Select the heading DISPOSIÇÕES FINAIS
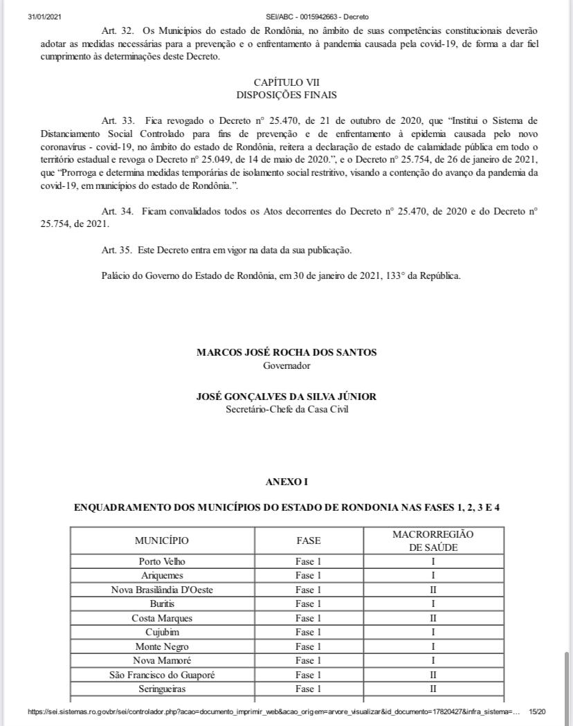286,95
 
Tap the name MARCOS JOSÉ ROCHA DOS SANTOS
286,352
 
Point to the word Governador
286,365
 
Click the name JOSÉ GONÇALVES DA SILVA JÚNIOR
286,397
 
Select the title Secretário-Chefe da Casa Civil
286,409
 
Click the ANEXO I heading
286,481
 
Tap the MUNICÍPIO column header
161,541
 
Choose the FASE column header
308,541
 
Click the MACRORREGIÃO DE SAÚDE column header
433,541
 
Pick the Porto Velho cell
162,561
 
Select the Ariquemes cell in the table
162,576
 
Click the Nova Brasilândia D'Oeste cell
162,590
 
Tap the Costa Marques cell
162,618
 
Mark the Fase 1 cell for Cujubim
308,633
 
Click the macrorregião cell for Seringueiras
433,689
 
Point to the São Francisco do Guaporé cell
162,675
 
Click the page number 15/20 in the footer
537,711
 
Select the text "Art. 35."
117,249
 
